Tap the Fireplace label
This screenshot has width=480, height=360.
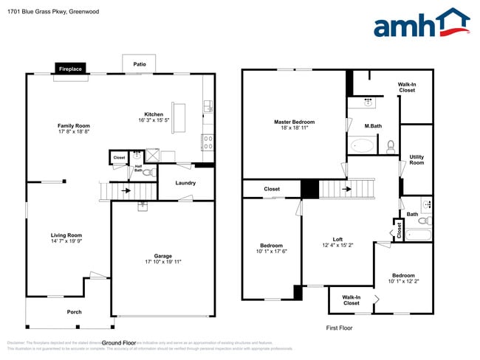72,69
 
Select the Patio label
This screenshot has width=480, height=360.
139,64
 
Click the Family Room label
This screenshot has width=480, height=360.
73,125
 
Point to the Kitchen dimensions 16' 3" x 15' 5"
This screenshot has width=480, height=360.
154,120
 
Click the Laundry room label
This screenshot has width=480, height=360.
185,183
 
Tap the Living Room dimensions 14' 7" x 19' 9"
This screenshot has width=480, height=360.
66,241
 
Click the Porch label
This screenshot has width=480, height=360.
74,312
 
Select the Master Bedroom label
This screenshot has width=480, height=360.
294,122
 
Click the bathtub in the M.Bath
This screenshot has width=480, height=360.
363,145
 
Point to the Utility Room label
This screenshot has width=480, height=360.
416,159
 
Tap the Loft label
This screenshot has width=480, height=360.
337,239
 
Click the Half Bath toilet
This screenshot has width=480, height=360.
147,173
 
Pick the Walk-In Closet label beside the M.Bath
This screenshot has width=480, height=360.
407,87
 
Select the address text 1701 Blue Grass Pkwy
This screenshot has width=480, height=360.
34,12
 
